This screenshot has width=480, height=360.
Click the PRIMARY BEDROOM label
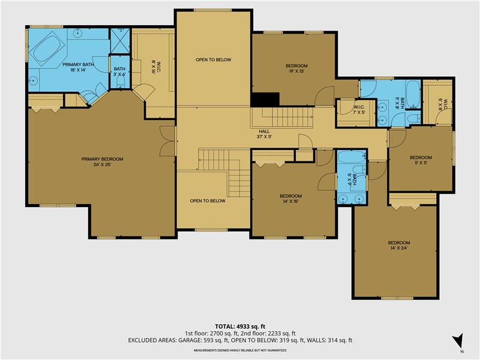[102, 159]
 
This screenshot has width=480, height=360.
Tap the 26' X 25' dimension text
[102, 166]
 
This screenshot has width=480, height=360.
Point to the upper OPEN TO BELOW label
[213, 60]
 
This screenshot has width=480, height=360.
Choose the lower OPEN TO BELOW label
[208, 201]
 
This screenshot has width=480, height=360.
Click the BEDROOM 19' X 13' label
[296, 65]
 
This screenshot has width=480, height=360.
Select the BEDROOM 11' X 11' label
[421, 158]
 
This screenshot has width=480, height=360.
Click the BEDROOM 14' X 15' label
[290, 196]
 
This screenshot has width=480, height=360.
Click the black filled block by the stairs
[265, 100]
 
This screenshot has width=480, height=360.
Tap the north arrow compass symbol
[458, 340]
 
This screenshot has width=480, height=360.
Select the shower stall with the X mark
[119, 41]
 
